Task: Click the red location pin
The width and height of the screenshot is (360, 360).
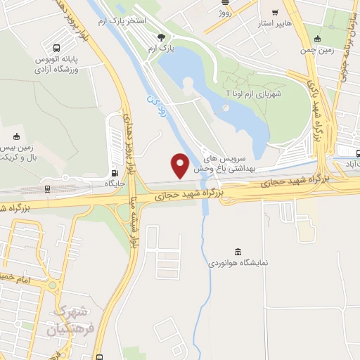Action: [x=181, y=165]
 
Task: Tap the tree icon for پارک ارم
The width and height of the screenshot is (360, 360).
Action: [x=162, y=37]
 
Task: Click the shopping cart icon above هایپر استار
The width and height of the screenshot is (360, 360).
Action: [x=275, y=12]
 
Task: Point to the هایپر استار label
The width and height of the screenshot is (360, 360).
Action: [x=276, y=23]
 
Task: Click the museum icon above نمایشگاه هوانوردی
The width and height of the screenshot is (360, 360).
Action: [x=238, y=252]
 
